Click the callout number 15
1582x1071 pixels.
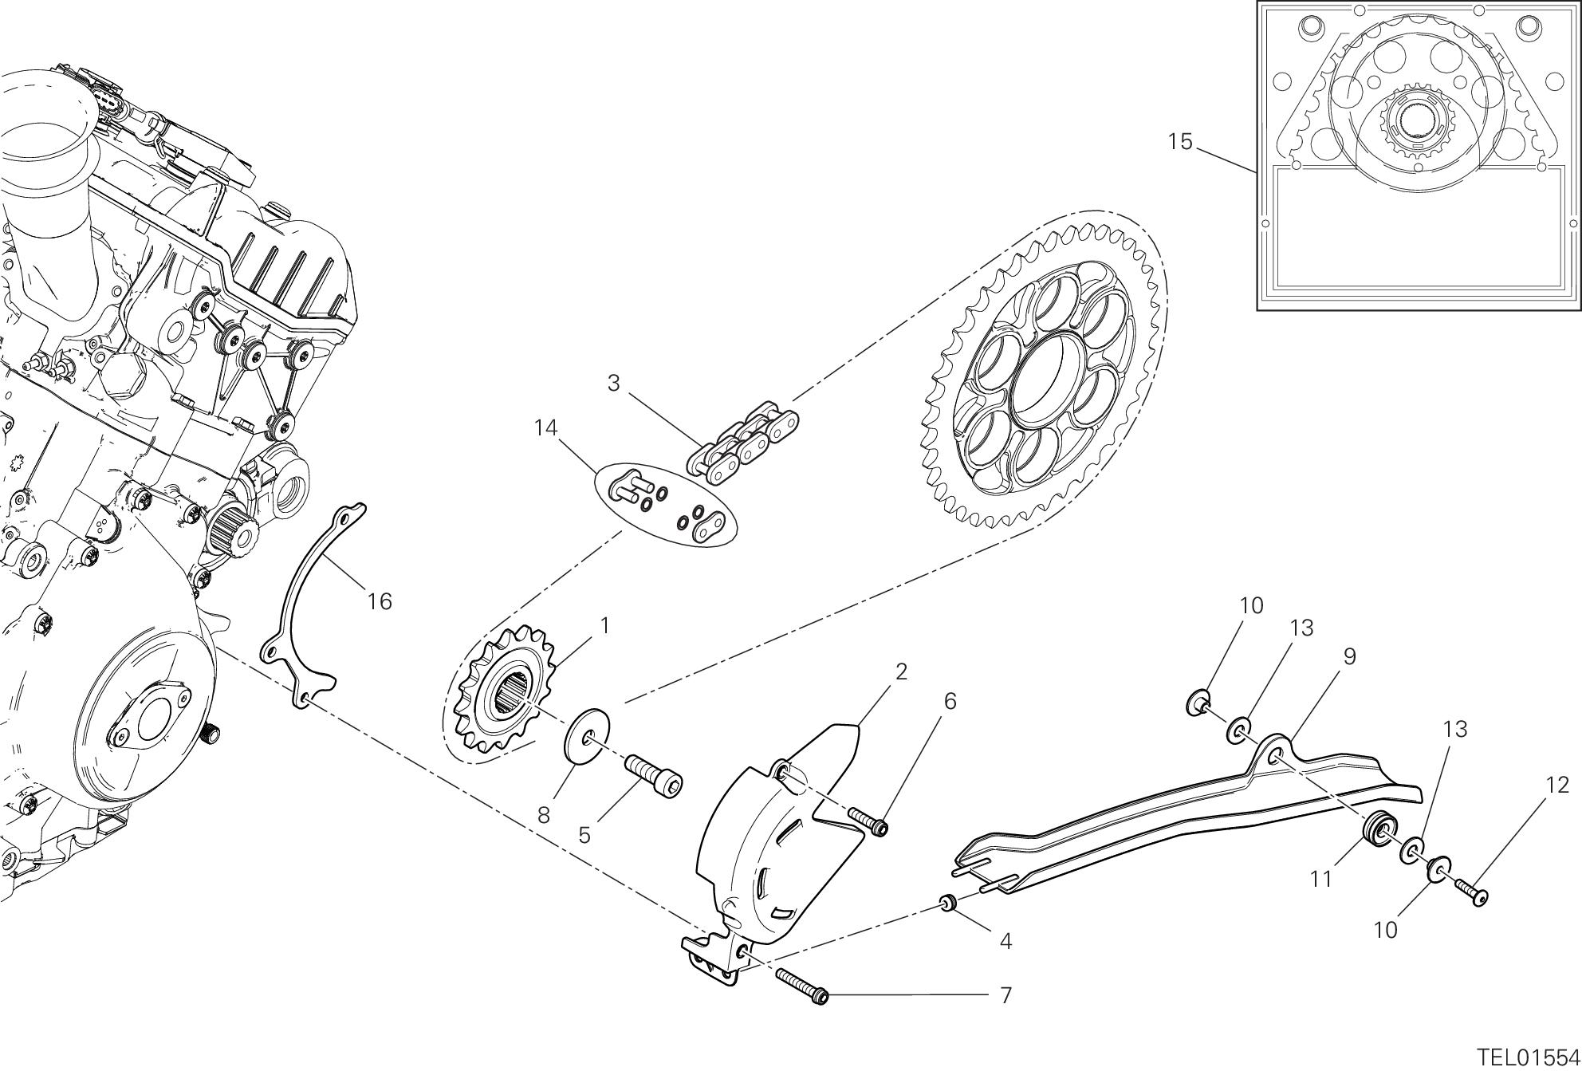1180,142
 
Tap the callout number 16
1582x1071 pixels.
380,601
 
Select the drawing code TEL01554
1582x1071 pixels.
1529,1057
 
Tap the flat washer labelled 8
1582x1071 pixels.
588,732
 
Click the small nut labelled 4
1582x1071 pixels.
947,904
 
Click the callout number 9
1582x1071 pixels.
1348,657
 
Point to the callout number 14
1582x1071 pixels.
545,428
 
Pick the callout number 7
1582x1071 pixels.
1005,995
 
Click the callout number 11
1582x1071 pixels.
1321,880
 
